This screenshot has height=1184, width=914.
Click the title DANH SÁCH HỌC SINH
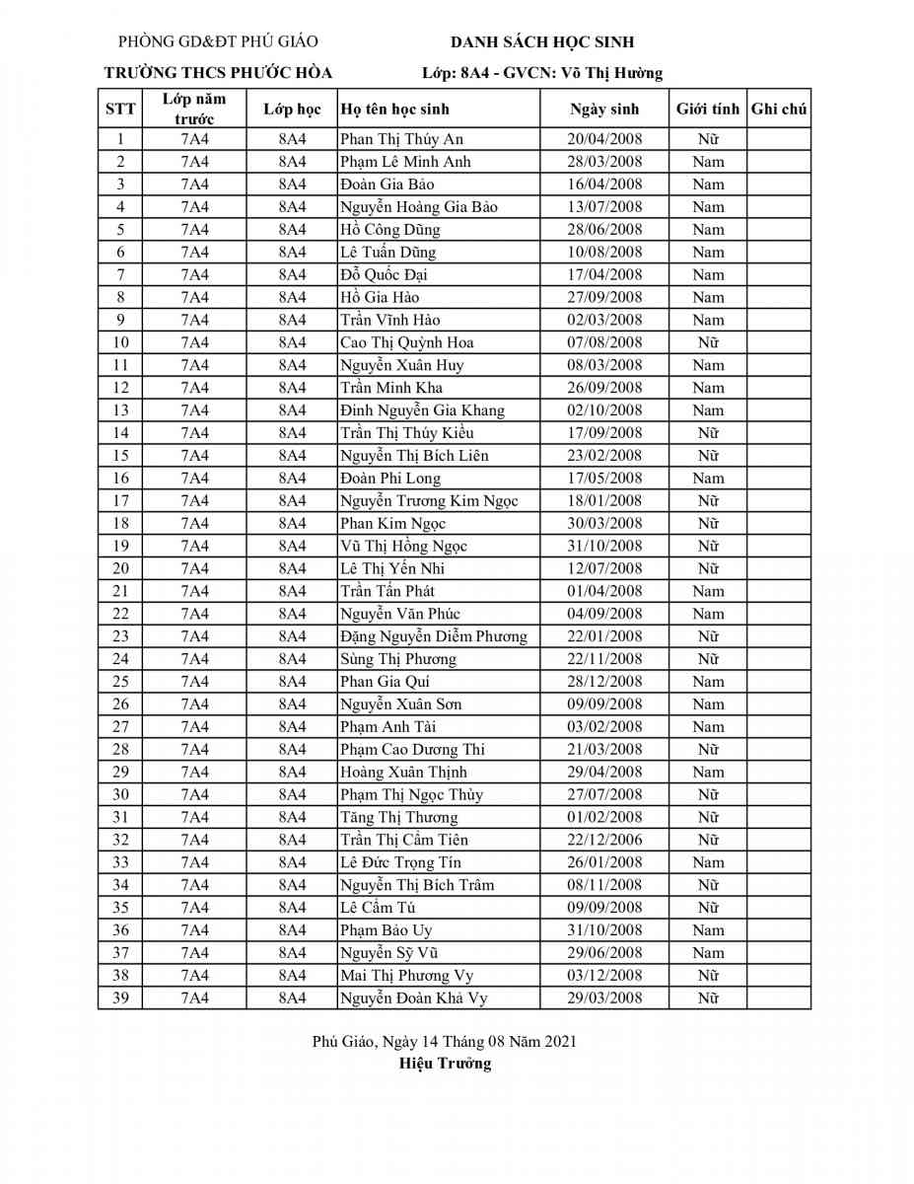click(x=542, y=42)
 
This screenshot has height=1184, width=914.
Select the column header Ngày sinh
click(x=604, y=110)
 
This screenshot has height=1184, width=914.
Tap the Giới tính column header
click(x=707, y=110)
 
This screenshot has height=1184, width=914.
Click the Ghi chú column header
click(x=779, y=110)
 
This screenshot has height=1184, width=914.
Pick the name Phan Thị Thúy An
click(x=401, y=139)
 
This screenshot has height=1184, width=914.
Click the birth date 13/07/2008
click(x=604, y=207)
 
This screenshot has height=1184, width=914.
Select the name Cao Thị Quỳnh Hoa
click(x=406, y=342)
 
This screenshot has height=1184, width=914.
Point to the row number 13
click(x=120, y=410)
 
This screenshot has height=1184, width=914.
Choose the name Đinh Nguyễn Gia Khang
click(x=422, y=410)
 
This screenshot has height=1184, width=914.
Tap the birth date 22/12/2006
click(x=604, y=840)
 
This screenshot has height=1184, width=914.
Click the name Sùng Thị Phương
click(x=398, y=659)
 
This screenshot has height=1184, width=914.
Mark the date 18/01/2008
click(x=604, y=501)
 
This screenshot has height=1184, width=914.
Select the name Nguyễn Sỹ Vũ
click(x=388, y=953)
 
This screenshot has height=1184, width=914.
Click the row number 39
click(x=120, y=999)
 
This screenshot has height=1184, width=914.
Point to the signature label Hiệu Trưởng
click(x=445, y=1064)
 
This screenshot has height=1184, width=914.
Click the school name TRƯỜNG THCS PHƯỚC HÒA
click(x=218, y=73)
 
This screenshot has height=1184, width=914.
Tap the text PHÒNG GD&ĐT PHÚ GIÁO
click(x=218, y=41)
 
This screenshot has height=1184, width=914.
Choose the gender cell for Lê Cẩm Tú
click(x=707, y=908)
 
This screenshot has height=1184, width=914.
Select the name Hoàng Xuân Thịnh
click(x=403, y=773)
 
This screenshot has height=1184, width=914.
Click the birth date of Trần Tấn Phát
click(x=604, y=591)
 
